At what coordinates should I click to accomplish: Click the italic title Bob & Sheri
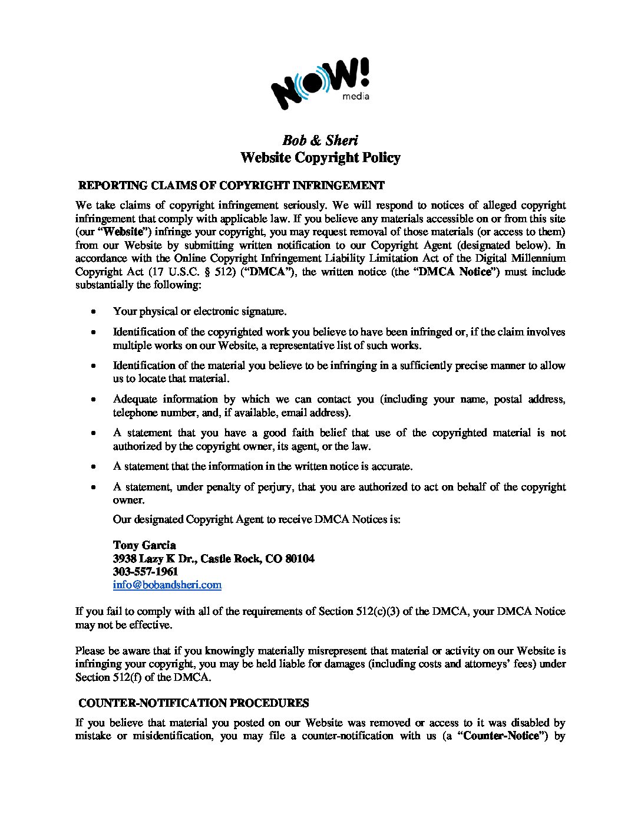pyautogui.click(x=320, y=140)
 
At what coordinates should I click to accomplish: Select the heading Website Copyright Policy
pyautogui.click(x=320, y=157)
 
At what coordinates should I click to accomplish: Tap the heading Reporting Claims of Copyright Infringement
pyautogui.click(x=231, y=186)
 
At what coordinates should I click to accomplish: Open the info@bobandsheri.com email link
pyautogui.click(x=167, y=585)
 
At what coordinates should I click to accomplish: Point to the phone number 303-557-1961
pyautogui.click(x=146, y=571)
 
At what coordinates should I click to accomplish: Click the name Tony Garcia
pyautogui.click(x=144, y=545)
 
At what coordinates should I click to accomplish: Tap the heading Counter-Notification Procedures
pyautogui.click(x=193, y=703)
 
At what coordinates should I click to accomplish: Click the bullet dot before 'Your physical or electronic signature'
pyautogui.click(x=94, y=311)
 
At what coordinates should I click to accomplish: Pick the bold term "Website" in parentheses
pyautogui.click(x=124, y=232)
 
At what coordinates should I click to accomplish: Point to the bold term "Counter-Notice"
pyautogui.click(x=503, y=736)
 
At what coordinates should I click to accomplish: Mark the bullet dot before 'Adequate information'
pyautogui.click(x=94, y=400)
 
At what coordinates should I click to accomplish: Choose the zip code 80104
pyautogui.click(x=299, y=558)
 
